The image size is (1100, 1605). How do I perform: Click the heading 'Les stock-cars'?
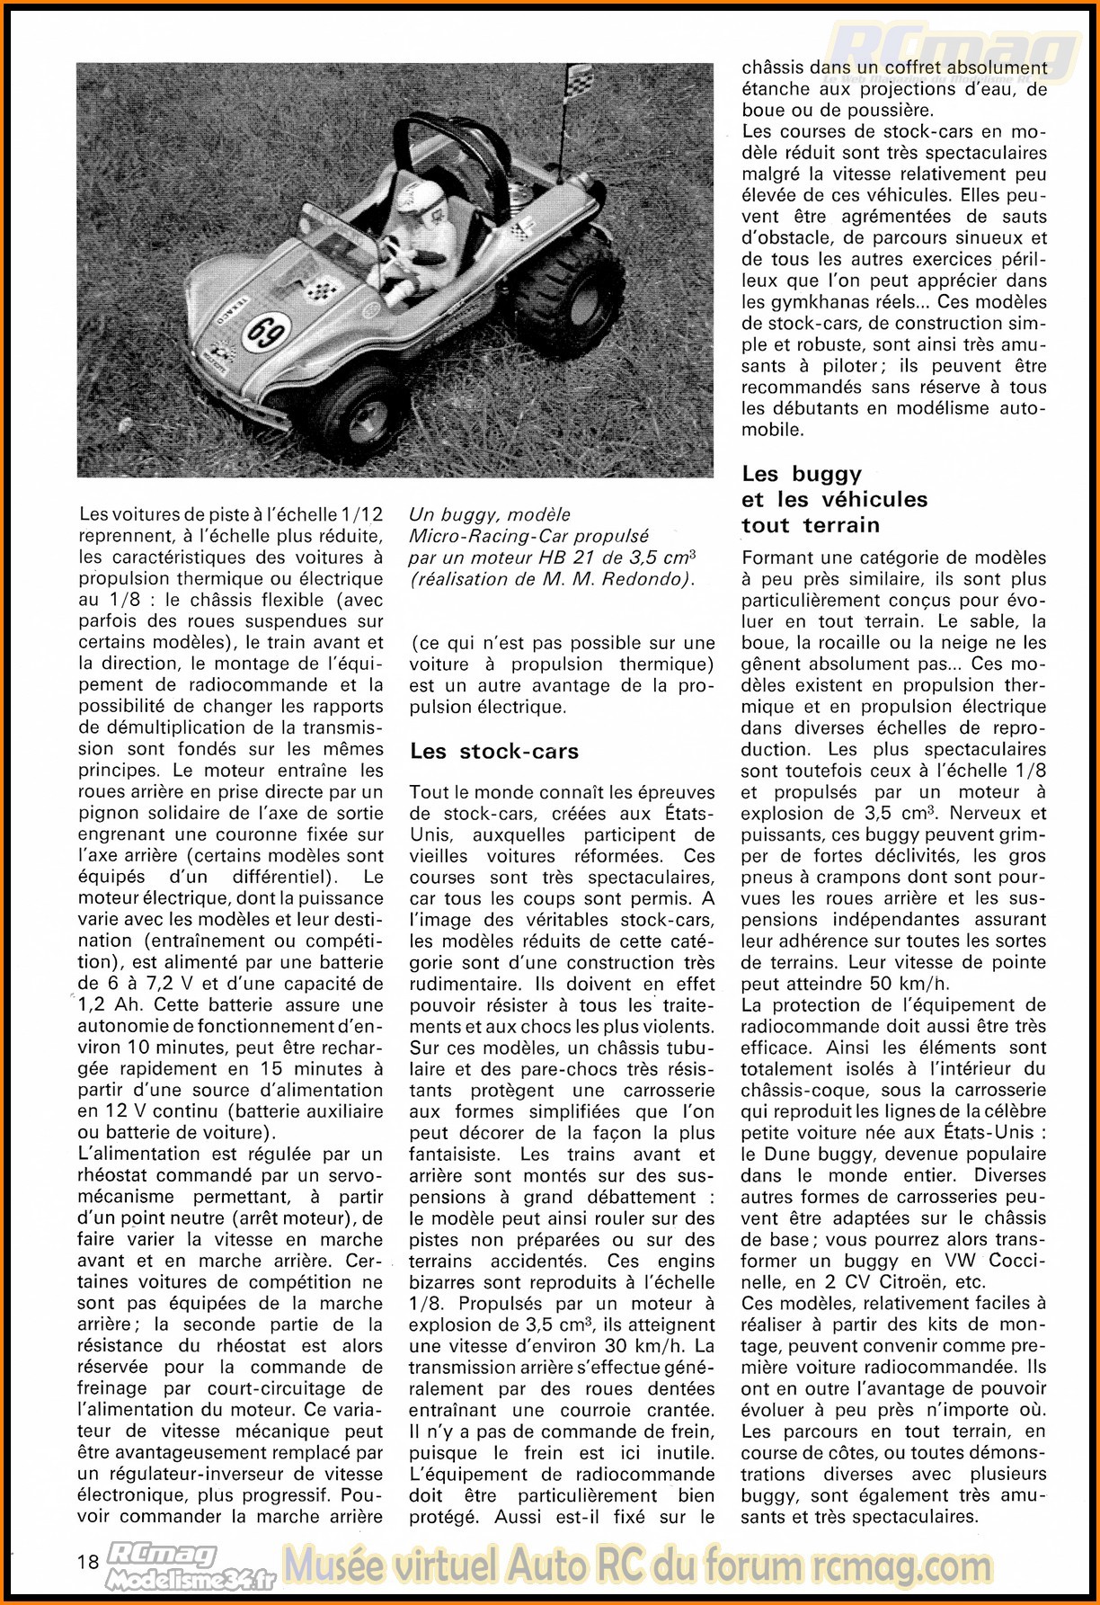click(494, 751)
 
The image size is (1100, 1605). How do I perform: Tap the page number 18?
click(88, 1561)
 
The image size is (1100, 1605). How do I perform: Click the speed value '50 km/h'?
click(910, 984)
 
